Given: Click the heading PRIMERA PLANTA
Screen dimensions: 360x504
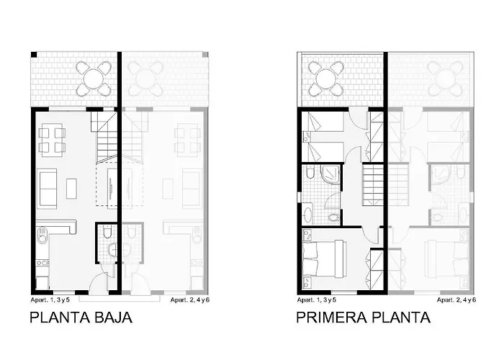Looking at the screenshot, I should (x=364, y=316).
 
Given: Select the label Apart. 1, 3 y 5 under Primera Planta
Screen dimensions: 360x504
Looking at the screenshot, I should (x=317, y=298).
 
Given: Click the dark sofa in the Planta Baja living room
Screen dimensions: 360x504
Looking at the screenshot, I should (x=48, y=186).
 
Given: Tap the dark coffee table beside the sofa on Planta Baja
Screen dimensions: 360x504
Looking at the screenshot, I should (x=71, y=187).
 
